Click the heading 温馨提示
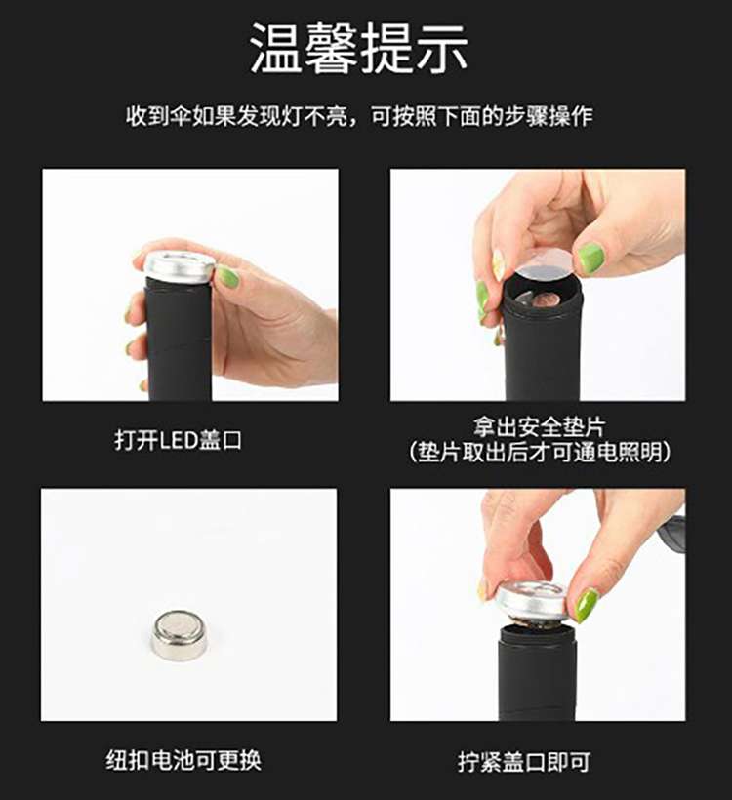[359, 49]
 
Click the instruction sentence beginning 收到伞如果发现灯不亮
[359, 116]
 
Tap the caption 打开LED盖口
[179, 440]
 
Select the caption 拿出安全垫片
[539, 427]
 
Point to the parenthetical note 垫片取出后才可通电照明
[539, 452]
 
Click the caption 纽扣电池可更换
[183, 760]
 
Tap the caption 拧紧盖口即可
[524, 762]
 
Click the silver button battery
[181, 635]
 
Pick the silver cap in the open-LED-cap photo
[180, 266]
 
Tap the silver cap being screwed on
[531, 601]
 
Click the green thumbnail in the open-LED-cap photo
[227, 277]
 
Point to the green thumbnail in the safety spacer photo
[591, 255]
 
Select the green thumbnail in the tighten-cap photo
[587, 605]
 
